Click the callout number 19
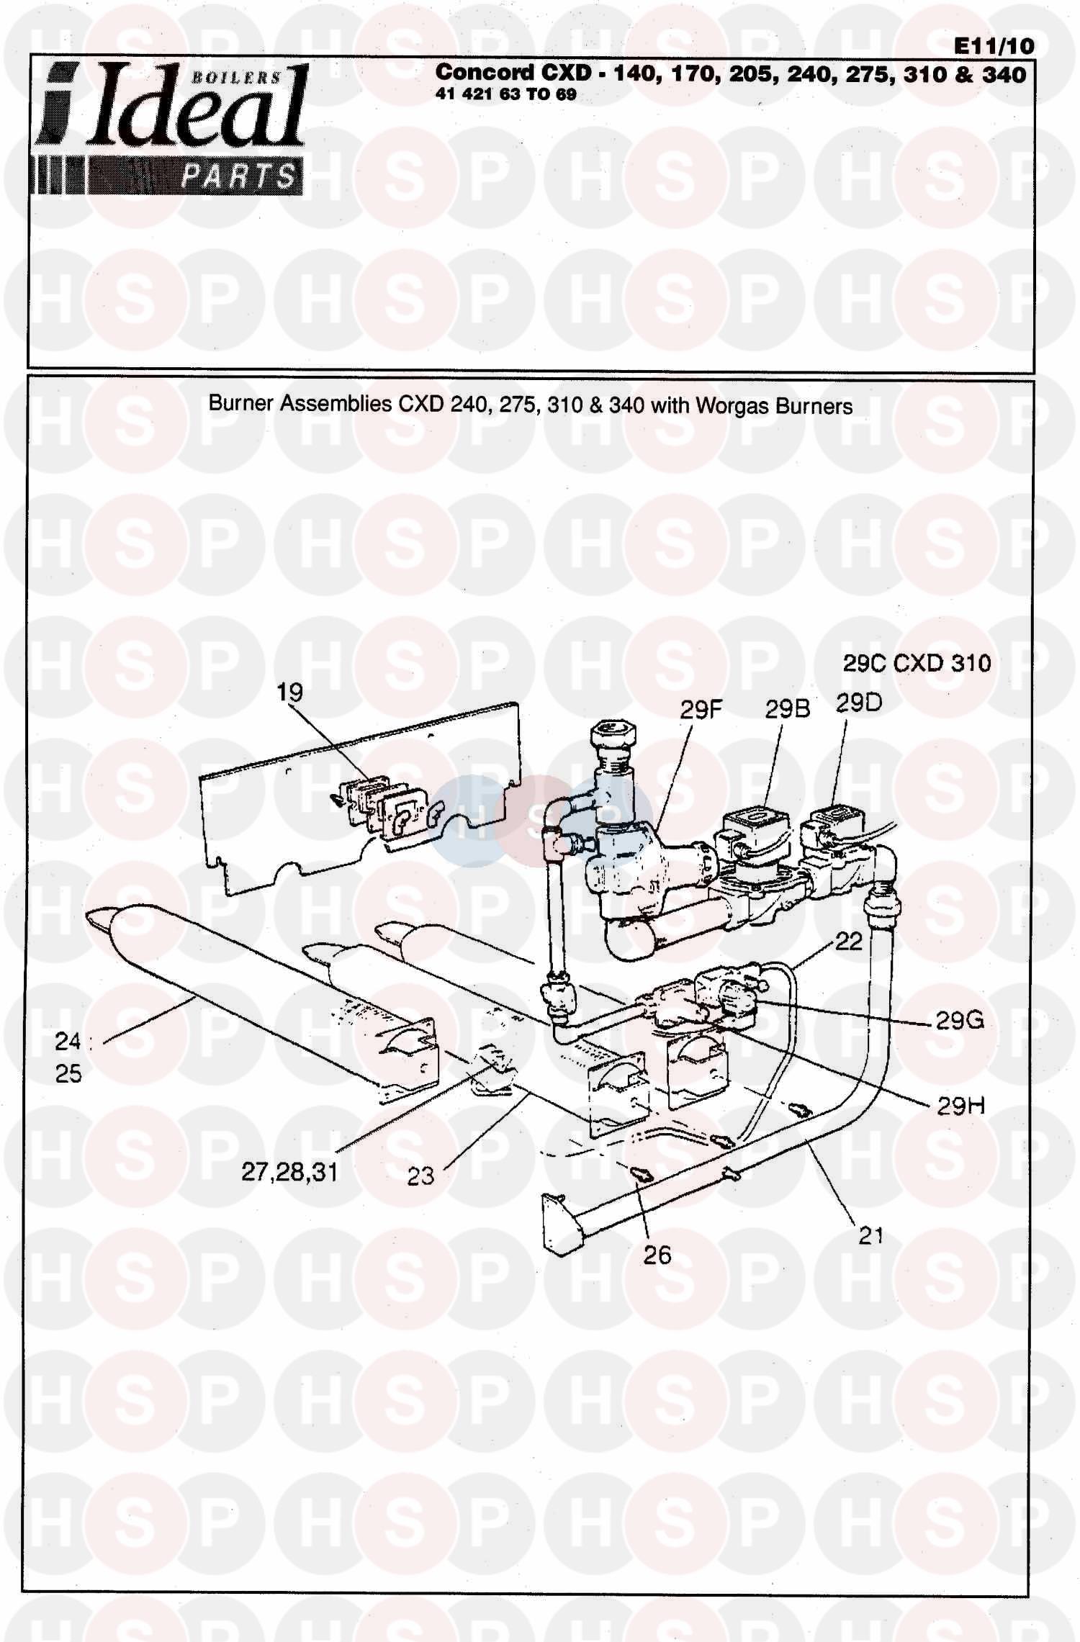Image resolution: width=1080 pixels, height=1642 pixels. [290, 693]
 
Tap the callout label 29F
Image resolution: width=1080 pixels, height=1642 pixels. [701, 711]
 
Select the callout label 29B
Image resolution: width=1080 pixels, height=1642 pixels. [787, 710]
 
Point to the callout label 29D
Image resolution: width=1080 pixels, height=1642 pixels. [858, 703]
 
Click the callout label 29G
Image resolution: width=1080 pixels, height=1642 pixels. [959, 1020]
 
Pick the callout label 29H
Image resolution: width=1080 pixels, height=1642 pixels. [960, 1106]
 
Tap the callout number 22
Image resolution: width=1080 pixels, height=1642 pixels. [848, 942]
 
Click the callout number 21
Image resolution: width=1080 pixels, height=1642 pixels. [870, 1235]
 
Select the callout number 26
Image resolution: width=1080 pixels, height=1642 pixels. [657, 1255]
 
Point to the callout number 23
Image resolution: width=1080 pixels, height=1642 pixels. [420, 1176]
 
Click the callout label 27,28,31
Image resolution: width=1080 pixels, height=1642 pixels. [289, 1172]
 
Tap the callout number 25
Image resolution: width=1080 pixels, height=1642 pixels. [68, 1073]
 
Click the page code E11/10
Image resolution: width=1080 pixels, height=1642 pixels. [994, 46]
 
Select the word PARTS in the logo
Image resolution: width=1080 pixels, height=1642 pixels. [238, 176]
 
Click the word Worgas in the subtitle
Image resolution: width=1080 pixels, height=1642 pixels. [732, 406]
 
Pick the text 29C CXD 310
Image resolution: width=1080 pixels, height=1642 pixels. [917, 663]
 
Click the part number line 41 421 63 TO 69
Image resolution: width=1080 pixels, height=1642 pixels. [505, 95]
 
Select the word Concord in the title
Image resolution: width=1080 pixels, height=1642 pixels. [474, 72]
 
